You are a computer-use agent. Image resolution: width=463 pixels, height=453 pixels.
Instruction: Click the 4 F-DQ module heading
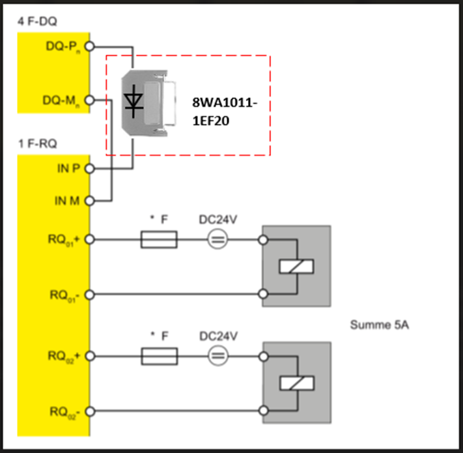pos(37,20)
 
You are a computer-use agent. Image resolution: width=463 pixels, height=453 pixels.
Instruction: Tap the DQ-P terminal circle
pos(90,46)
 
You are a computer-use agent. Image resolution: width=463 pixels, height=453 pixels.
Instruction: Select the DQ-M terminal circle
pos(90,100)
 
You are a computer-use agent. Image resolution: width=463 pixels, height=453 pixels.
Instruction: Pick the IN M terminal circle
pos(90,200)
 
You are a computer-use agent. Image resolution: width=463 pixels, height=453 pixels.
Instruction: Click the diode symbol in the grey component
pos(135,102)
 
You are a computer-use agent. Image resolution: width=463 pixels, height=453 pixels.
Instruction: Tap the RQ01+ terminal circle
pos(90,240)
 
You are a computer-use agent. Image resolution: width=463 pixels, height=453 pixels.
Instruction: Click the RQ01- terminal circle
pos(90,294)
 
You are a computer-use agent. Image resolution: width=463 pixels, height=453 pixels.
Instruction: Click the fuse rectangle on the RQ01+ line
pos(160,241)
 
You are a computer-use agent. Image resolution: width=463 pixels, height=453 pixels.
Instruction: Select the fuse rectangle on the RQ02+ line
pos(160,357)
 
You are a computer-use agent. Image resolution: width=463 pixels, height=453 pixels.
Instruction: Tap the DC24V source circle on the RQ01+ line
pos(217,241)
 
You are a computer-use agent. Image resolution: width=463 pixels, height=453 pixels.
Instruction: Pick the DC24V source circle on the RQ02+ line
pos(217,357)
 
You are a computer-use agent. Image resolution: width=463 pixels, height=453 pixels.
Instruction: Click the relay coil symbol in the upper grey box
pos(296,266)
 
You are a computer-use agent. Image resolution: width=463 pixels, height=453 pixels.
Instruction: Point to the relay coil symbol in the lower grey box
pos(296,383)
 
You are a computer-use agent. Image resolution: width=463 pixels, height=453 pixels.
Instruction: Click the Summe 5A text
pos(380,325)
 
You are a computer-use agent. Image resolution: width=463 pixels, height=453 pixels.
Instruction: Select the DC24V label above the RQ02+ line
pos(217,336)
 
